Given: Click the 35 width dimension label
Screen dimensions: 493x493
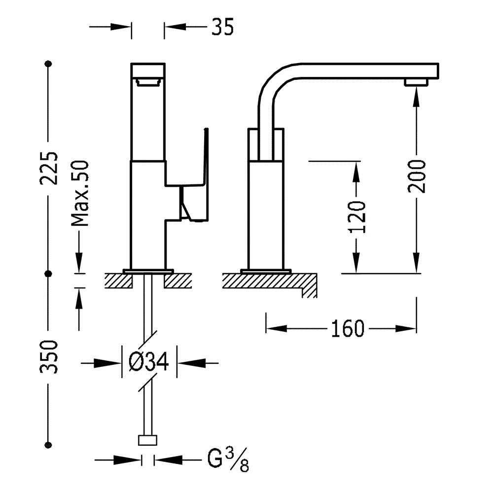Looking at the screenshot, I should [222, 27].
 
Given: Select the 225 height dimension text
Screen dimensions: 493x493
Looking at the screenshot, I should [49, 168].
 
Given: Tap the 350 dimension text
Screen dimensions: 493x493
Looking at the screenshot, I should [49, 356].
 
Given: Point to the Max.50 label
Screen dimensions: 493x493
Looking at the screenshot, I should [80, 193].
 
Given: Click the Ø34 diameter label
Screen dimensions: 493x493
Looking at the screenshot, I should [149, 362].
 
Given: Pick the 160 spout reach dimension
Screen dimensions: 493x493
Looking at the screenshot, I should [347, 328].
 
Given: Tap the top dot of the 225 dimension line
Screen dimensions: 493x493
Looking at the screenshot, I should [48, 64].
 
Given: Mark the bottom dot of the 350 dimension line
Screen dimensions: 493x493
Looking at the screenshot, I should [48, 445].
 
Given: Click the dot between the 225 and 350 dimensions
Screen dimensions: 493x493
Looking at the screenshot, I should [48, 273].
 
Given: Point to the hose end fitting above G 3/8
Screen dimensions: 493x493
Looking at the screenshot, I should [148, 440].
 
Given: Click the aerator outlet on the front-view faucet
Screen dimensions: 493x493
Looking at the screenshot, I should [148, 82].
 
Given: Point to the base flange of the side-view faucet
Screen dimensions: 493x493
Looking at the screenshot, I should [266, 271].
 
